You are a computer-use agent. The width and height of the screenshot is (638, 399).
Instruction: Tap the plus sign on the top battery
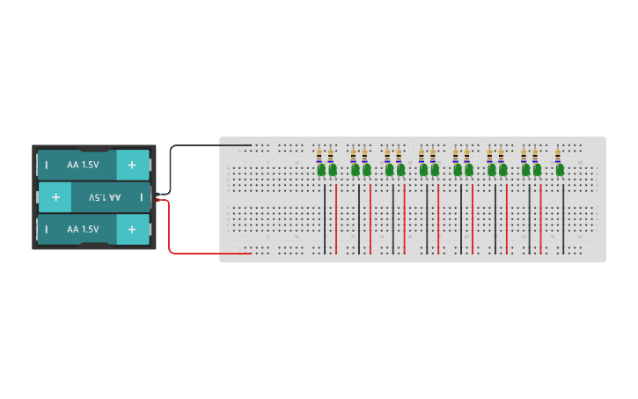tap(132, 165)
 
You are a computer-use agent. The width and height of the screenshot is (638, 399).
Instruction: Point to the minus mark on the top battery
tap(46, 165)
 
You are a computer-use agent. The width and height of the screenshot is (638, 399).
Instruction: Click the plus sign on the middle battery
tap(55, 197)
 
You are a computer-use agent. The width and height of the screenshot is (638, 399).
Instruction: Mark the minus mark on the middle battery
tap(141, 197)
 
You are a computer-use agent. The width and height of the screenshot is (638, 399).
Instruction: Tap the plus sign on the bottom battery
tap(132, 229)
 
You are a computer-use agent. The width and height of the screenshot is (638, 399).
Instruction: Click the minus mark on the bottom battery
tap(46, 229)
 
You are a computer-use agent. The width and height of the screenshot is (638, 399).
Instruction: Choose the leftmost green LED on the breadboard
tap(322, 169)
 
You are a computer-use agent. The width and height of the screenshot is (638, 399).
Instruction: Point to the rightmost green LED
tap(560, 169)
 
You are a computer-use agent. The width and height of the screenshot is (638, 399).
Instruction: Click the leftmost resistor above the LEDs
tap(319, 155)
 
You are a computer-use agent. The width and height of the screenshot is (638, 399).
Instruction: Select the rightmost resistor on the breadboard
tap(558, 155)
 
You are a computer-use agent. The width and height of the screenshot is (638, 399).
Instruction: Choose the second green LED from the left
tap(333, 169)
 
